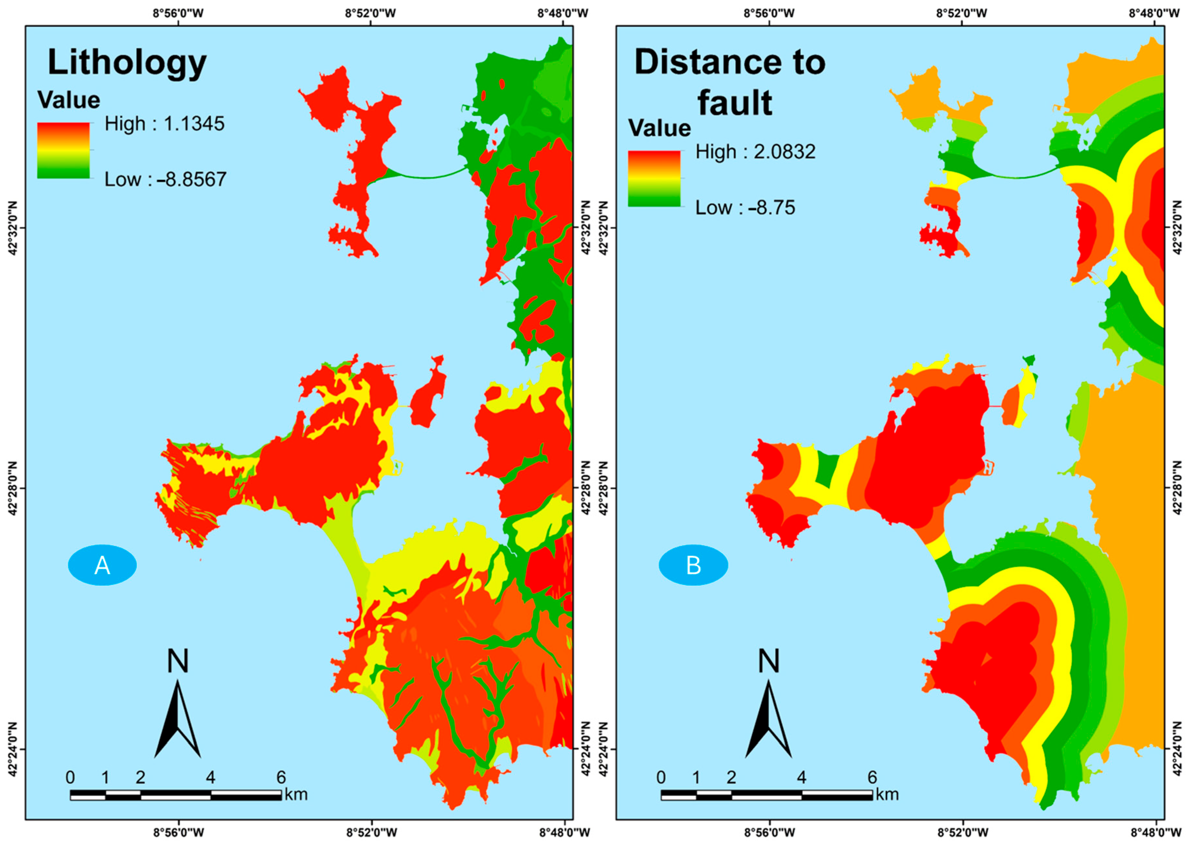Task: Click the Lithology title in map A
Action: coord(127,63)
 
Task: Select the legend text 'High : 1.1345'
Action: coord(165,124)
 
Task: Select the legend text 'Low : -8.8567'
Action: coord(165,180)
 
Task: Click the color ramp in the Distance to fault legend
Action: coord(654,179)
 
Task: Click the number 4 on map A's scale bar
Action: coord(210,777)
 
